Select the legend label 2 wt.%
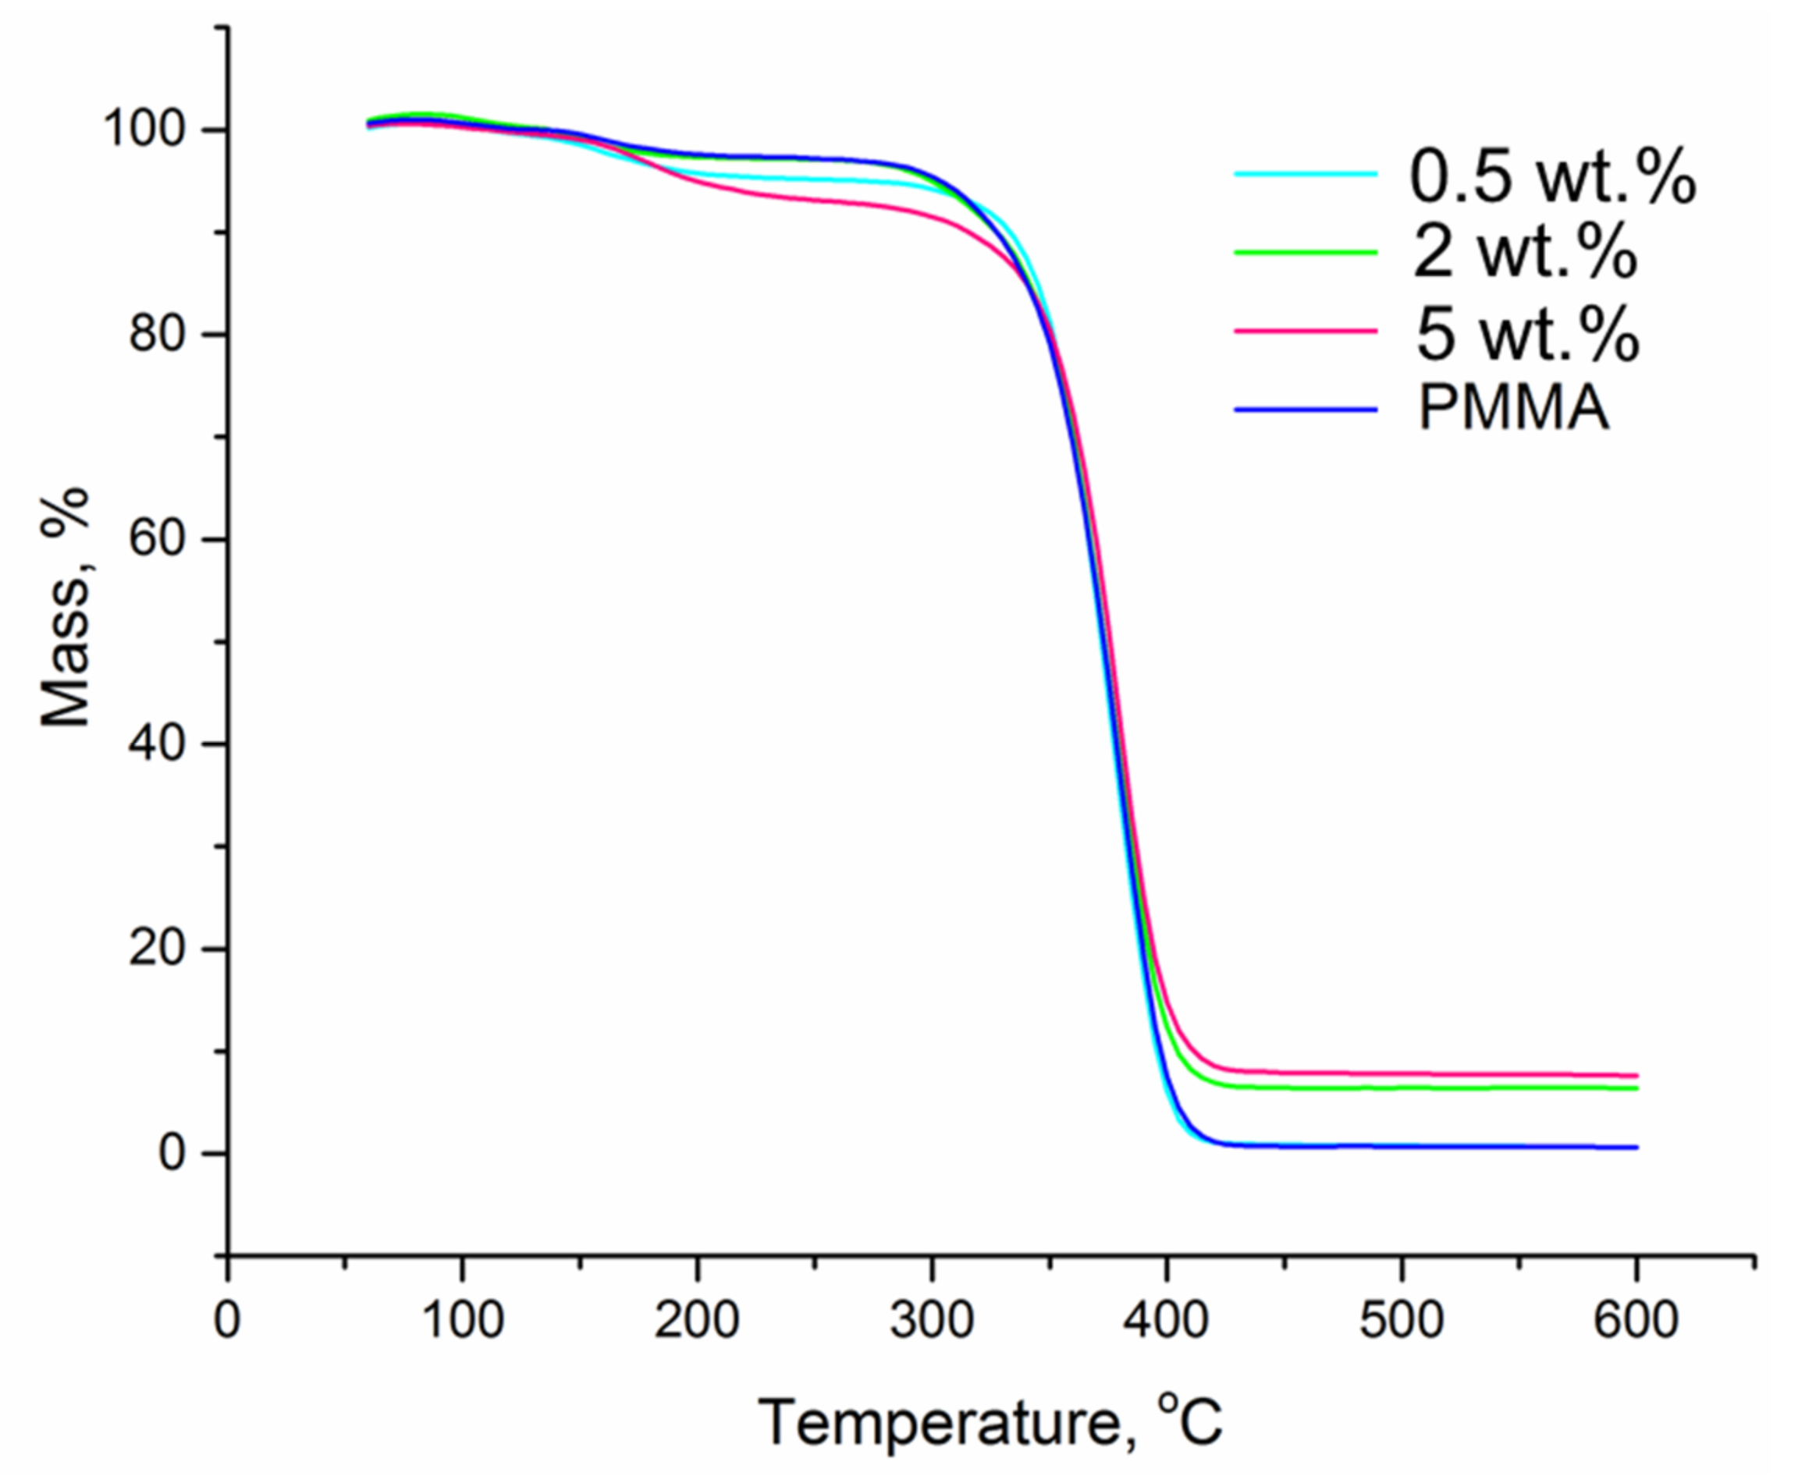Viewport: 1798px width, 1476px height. [x=1524, y=253]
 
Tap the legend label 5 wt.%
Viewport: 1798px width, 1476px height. [x=1526, y=333]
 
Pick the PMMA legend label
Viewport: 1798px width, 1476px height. [x=1513, y=409]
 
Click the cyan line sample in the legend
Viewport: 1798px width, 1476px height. [x=1305, y=174]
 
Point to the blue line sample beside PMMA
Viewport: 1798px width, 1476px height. [x=1305, y=410]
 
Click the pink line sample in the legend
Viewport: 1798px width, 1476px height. [x=1305, y=332]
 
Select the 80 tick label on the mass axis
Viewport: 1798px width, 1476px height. [x=158, y=335]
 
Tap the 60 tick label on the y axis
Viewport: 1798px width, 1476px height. [x=158, y=540]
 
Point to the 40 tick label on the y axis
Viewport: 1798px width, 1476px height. [x=158, y=744]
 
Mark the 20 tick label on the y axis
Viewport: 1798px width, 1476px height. [x=158, y=949]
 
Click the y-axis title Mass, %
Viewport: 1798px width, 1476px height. [x=66, y=608]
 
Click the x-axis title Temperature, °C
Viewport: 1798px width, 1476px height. [x=991, y=1421]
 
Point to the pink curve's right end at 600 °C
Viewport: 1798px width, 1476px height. [x=1634, y=1076]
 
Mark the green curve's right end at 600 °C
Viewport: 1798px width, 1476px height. [x=1634, y=1089]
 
